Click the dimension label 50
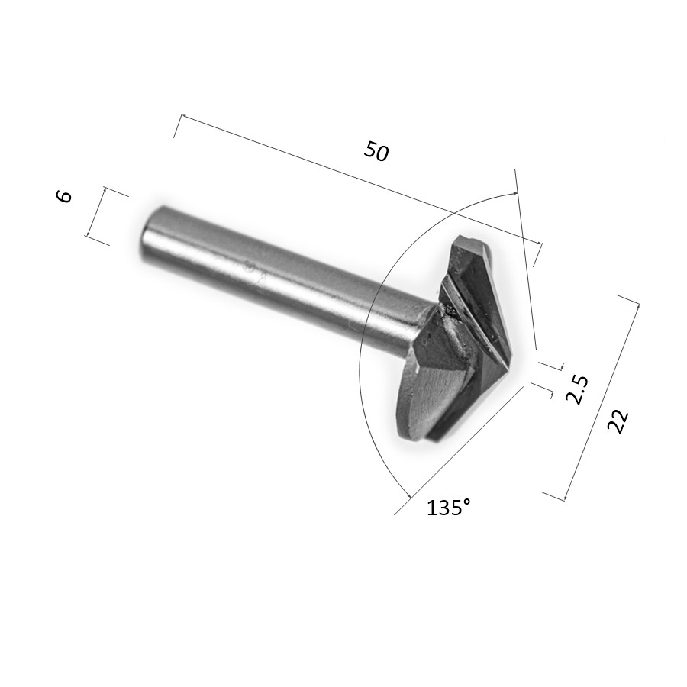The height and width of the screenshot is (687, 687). tap(376, 151)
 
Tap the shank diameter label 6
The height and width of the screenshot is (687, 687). tap(64, 196)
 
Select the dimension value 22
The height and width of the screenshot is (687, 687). tap(618, 421)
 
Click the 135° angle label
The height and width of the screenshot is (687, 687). tap(449, 508)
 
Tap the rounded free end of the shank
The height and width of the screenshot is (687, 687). tap(147, 237)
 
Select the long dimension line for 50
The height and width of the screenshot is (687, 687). tap(362, 180)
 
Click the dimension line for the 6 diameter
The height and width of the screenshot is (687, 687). tap(96, 212)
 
